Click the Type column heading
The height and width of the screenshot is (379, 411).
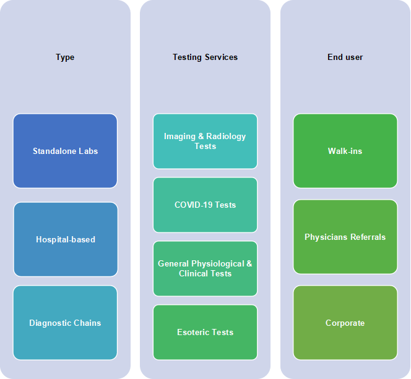coord(65,57)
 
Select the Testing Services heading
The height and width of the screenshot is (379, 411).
coord(205,57)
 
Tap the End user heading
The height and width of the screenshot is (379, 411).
coord(345,57)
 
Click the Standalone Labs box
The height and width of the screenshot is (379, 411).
coord(65,151)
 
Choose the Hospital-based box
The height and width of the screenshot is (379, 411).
coord(66,239)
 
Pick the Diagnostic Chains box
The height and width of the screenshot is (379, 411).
coord(65,323)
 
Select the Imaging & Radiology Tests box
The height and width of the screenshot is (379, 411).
coord(205,141)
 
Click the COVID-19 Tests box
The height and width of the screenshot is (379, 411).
coord(205,205)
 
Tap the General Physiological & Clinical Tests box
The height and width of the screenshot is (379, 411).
coord(205,268)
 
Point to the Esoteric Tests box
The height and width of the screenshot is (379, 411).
coord(205,332)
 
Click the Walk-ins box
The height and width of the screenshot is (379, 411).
coord(345,151)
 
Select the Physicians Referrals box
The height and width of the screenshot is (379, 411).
coord(345,237)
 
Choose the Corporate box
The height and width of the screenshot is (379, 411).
coord(345,323)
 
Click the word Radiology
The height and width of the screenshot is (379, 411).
coord(226,137)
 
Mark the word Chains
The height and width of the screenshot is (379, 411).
coord(87,323)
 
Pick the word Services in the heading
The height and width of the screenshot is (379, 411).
coord(221,57)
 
